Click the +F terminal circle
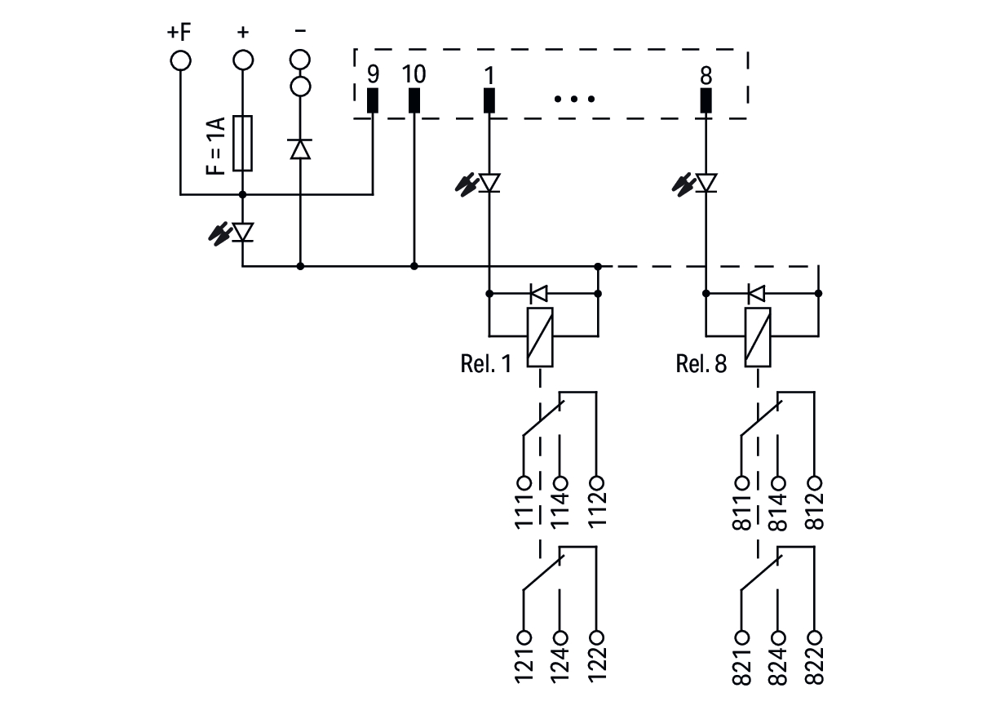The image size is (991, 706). pos(179,60)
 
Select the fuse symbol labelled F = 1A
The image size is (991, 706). pos(242,143)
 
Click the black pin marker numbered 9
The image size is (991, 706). pos(373,100)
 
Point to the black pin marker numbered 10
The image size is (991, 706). pos(414,100)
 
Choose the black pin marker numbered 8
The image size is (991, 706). pos(706,100)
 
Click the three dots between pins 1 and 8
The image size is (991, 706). pos(575,100)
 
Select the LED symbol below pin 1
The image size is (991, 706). pos(489,183)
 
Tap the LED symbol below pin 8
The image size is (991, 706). pos(706,183)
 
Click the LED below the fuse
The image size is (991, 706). pos(242,233)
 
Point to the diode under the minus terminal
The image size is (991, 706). pos(300,149)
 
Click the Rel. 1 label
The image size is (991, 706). pos(486,363)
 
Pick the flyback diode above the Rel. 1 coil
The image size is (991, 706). pos(539,292)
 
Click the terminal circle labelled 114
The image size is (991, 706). pos(560,482)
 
